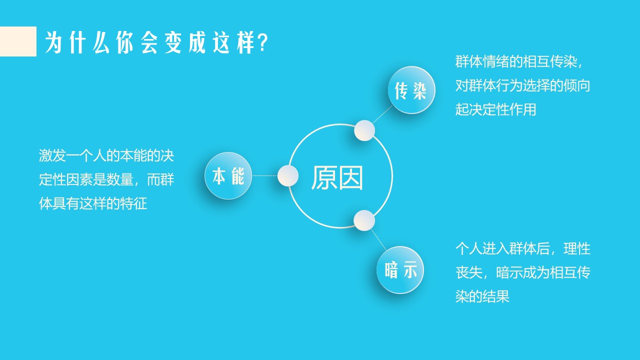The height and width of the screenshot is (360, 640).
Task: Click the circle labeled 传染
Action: click(x=411, y=90)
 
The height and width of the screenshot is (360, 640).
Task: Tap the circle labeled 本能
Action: click(x=228, y=175)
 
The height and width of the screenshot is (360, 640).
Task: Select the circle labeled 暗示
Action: click(x=400, y=270)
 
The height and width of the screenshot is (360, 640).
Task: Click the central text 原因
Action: click(x=337, y=177)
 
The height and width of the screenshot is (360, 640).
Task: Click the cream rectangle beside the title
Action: click(x=18, y=41)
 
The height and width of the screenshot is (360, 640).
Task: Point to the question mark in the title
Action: click(x=263, y=42)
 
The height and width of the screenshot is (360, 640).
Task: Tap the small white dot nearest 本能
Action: click(x=288, y=175)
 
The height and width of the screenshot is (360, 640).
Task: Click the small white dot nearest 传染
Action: click(x=364, y=130)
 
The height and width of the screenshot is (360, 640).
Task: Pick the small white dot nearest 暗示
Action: click(x=364, y=220)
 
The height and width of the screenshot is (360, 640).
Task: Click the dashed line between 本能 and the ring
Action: click(x=264, y=175)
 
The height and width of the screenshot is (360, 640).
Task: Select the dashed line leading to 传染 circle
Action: click(x=382, y=114)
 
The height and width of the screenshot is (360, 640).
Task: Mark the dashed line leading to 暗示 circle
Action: click(x=378, y=239)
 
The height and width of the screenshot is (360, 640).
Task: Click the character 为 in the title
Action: click(x=53, y=42)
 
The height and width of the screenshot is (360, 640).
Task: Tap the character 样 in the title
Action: click(x=245, y=42)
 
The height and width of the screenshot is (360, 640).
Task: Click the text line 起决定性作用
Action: click(x=495, y=109)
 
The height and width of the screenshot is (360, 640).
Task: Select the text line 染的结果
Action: click(x=482, y=296)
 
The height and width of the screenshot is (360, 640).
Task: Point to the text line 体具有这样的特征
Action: click(x=93, y=203)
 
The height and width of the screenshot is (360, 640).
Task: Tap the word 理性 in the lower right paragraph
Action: click(x=577, y=249)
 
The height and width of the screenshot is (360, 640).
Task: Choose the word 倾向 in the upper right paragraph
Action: click(x=577, y=85)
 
